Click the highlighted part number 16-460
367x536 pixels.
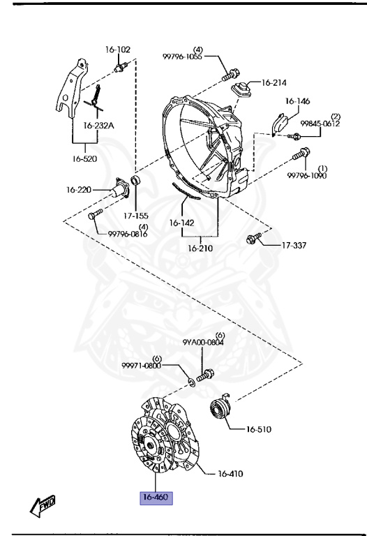click(x=156, y=498)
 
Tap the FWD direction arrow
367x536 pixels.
click(x=43, y=505)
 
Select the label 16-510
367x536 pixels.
click(x=258, y=429)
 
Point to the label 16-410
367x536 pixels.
click(x=230, y=474)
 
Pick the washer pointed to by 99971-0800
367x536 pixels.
click(x=192, y=382)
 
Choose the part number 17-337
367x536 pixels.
click(x=294, y=246)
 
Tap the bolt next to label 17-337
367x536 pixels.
click(x=253, y=238)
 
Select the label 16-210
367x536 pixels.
click(x=200, y=248)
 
